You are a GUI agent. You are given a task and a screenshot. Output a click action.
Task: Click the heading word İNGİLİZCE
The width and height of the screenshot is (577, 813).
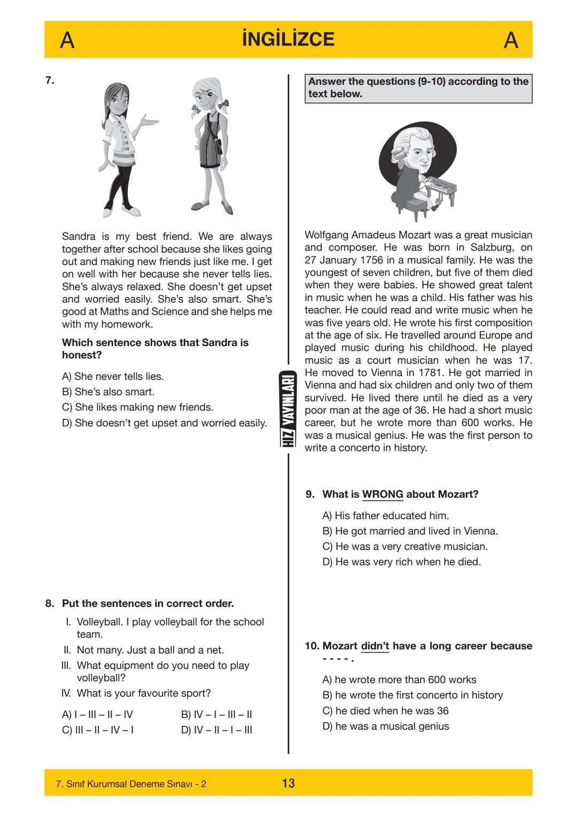(288, 39)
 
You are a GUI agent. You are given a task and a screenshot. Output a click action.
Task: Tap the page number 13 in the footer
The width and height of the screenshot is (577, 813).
(288, 783)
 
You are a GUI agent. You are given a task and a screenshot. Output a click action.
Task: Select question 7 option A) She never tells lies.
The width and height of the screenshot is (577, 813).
(113, 376)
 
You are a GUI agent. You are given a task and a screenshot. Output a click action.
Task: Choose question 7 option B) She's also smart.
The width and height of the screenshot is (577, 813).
(108, 392)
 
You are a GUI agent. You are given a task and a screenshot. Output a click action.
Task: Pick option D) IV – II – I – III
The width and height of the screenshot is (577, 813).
(216, 730)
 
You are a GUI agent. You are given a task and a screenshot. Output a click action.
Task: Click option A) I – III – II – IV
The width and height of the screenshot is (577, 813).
(97, 714)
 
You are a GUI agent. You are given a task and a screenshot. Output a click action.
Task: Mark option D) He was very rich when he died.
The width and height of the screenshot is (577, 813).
(401, 562)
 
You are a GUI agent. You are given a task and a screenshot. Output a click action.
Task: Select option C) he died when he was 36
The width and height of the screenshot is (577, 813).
(385, 710)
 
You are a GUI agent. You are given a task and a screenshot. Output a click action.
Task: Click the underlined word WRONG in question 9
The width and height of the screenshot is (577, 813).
(383, 494)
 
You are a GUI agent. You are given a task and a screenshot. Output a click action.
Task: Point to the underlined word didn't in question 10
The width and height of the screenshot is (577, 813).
(375, 646)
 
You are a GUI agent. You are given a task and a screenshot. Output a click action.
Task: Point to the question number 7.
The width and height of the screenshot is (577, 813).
(50, 81)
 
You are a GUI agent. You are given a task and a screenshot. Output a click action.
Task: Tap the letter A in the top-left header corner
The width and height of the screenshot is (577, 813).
(67, 40)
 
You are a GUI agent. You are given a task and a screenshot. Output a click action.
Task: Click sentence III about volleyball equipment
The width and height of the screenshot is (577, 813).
(163, 671)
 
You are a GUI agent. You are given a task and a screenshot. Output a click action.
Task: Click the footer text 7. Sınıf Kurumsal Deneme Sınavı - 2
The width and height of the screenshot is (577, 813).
(131, 784)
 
